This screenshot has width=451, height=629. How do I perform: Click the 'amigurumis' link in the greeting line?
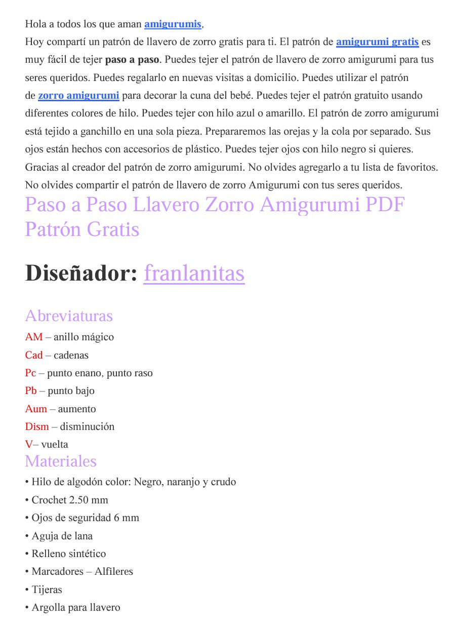173,24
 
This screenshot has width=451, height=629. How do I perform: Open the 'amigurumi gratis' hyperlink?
377,42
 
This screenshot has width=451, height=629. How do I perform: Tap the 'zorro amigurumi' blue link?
78,95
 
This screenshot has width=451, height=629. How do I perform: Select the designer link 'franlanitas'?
194,273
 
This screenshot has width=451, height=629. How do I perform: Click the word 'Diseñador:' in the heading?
81,273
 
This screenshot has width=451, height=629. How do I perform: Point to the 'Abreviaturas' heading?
69,316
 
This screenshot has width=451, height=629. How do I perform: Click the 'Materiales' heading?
61,461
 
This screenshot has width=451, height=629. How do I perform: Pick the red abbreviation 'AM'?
34,337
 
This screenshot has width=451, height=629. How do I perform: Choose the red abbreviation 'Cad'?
34,355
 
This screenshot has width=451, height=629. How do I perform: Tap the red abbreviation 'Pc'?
31,373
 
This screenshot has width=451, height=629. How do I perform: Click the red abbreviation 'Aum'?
36,409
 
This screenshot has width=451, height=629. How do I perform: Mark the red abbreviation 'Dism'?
37,426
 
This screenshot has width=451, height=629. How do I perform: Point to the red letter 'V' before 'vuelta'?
28,445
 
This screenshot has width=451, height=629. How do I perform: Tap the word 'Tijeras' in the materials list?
47,589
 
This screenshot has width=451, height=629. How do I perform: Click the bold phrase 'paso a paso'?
132,60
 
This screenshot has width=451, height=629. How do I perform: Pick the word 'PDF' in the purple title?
385,205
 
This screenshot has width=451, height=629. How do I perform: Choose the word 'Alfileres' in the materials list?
113,572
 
